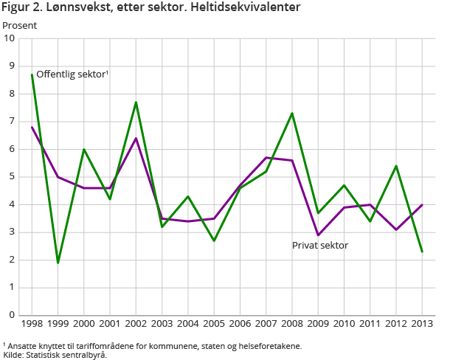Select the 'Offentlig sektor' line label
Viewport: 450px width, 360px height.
pyautogui.click(x=72, y=74)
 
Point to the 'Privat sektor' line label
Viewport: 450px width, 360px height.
pyautogui.click(x=320, y=245)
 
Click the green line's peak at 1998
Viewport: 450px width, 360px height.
pyautogui.click(x=32, y=75)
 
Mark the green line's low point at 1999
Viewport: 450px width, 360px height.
pyautogui.click(x=58, y=263)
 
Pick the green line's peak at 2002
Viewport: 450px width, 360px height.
pyautogui.click(x=136, y=102)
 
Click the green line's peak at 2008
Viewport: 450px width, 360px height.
pyautogui.click(x=292, y=113)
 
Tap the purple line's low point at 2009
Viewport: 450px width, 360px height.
pyautogui.click(x=318, y=235)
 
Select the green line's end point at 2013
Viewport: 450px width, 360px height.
pyautogui.click(x=422, y=252)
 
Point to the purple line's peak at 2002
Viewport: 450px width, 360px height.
pyautogui.click(x=136, y=138)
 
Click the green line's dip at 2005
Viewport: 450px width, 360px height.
pyautogui.click(x=214, y=240)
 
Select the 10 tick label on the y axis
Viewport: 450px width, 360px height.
pyautogui.click(x=10, y=38)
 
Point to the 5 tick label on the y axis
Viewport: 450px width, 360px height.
pyautogui.click(x=13, y=177)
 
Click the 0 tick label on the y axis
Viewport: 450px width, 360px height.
pyautogui.click(x=13, y=315)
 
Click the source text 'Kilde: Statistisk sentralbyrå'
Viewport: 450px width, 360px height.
pyautogui.click(x=55, y=355)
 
